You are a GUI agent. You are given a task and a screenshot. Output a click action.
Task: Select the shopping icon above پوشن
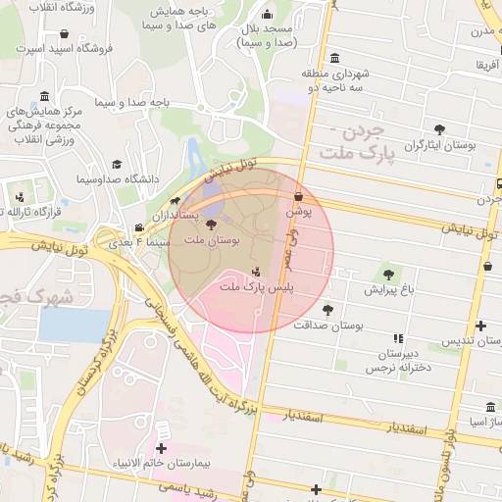[299, 197]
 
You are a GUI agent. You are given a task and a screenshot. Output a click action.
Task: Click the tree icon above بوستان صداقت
[327, 310]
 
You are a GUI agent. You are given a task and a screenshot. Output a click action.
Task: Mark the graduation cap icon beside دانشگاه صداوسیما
[117, 165]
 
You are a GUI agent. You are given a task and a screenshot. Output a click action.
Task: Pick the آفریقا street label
[487, 65]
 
